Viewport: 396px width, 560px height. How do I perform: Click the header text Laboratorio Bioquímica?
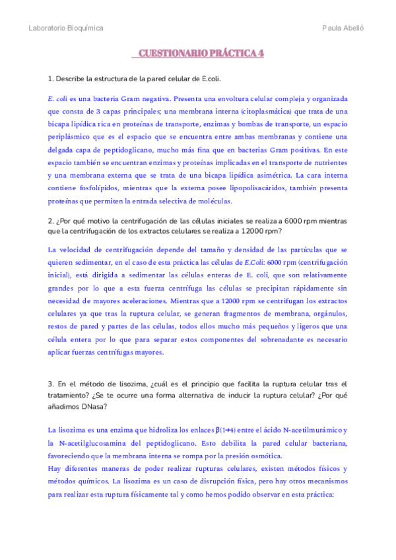[66, 28]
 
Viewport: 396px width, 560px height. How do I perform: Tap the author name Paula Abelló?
[343, 28]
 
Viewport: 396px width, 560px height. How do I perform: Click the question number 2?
[51, 221]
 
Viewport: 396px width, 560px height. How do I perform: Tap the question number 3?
[51, 384]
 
